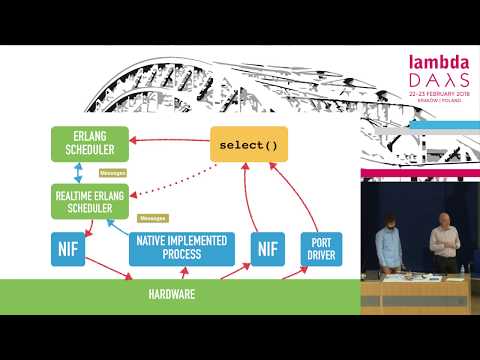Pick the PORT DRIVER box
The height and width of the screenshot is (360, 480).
[321, 247]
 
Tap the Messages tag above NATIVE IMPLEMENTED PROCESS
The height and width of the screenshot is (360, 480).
[152, 217]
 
